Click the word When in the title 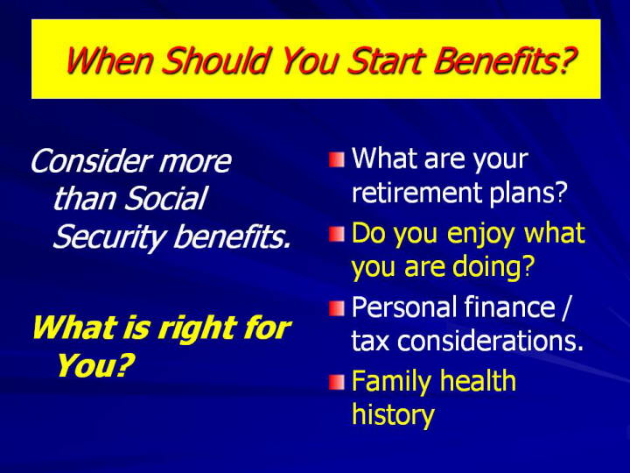(109, 60)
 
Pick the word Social (165, 198)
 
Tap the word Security (108, 237)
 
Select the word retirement (416, 192)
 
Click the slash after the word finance (566, 307)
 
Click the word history (393, 415)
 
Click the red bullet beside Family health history (337, 383)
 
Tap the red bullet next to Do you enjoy (337, 234)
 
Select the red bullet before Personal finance (337, 308)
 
